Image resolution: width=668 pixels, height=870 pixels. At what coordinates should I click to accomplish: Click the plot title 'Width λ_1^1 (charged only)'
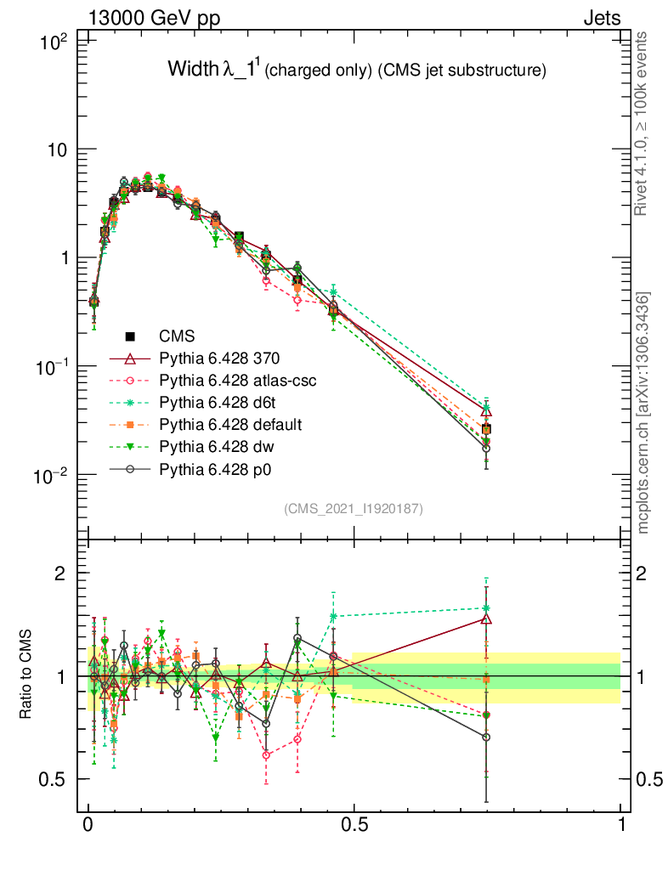coord(356,71)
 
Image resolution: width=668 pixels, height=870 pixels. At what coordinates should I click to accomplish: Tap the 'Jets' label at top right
coord(601,19)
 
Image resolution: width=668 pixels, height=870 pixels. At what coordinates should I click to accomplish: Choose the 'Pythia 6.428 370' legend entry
coord(220,359)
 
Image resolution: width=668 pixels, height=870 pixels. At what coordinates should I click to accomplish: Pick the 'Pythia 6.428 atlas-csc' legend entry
coord(238,381)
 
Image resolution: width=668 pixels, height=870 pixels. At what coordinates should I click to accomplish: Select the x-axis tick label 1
coord(621,824)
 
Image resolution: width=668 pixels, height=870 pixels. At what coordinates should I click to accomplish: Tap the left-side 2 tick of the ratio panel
coord(59,573)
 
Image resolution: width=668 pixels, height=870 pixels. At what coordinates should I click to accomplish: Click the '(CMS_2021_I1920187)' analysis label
coord(353,508)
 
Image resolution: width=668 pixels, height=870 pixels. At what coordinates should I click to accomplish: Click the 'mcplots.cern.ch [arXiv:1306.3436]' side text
coord(643,412)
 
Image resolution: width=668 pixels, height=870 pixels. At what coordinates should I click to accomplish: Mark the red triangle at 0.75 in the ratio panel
coord(486,619)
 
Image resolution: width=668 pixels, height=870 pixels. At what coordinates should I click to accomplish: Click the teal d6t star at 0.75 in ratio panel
coord(486,608)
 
